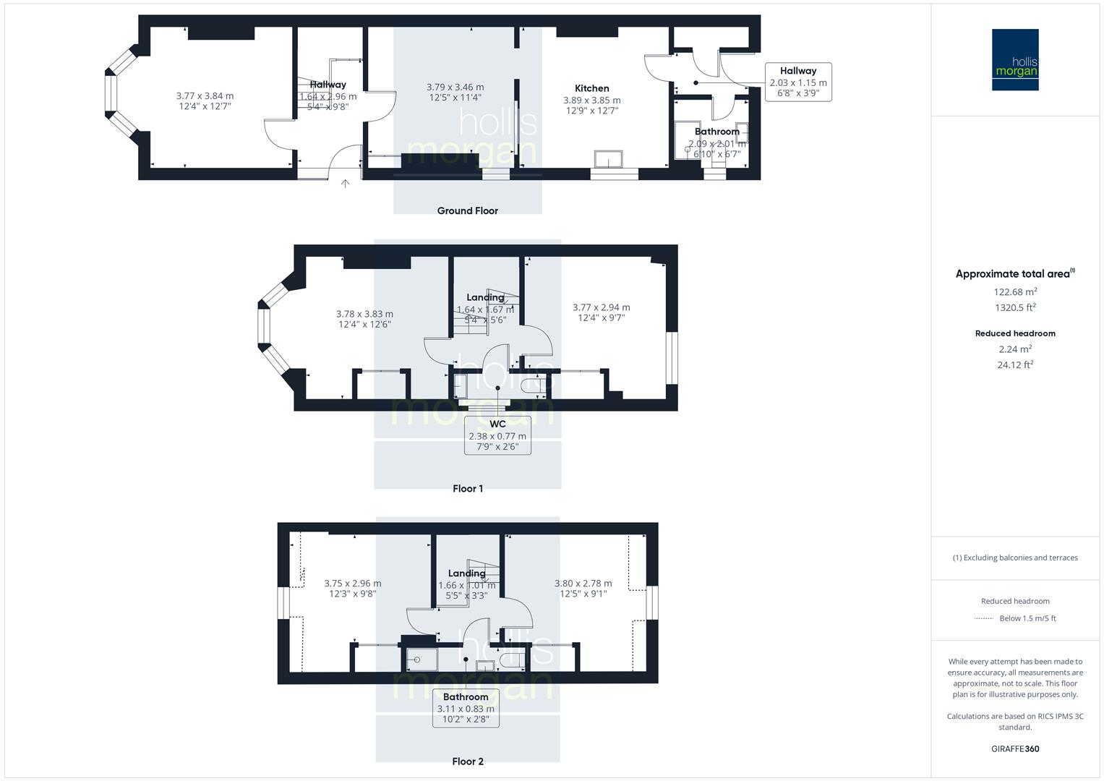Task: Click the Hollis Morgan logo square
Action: pos(1015,59)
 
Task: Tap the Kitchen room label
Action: pos(592,88)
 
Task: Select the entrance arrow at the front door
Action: pos(346,184)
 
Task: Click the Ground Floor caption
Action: pos(468,210)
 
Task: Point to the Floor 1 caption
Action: pos(468,488)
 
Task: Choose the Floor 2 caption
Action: pos(468,761)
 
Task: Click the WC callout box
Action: pos(497,435)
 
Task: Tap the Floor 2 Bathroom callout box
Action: pos(466,708)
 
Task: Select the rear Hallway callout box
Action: pos(798,82)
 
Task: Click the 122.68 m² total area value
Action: pos(1015,291)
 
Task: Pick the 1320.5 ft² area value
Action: pos(1015,307)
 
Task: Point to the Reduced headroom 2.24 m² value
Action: pos(1015,349)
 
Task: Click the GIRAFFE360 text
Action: pos(1015,748)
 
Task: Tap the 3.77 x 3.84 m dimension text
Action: pos(205,95)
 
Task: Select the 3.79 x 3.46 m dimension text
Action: pos(455,87)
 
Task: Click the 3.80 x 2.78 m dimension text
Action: pos(583,584)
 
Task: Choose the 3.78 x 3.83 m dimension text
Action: pos(364,314)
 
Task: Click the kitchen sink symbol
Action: pos(608,159)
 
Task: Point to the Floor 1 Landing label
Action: pos(485,297)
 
